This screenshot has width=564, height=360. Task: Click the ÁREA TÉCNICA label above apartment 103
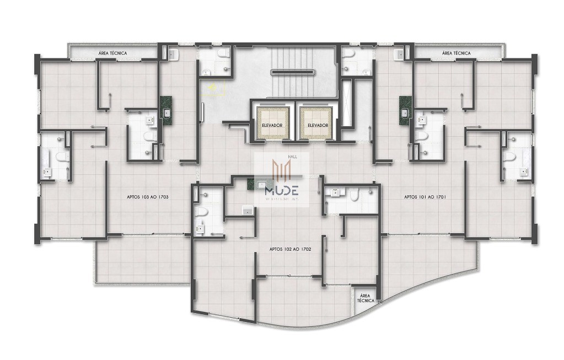(x=112, y=53)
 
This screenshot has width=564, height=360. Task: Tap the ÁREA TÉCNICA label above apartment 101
(x=456, y=53)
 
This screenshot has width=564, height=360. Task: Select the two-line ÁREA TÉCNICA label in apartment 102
(x=365, y=298)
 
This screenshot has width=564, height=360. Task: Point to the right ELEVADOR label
(x=318, y=126)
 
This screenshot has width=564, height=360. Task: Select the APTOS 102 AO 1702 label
(x=291, y=249)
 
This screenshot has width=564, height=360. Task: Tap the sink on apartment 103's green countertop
(x=166, y=113)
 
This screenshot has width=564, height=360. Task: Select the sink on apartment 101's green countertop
(x=404, y=113)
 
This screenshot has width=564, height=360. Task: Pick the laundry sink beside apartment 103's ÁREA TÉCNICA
(x=172, y=54)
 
